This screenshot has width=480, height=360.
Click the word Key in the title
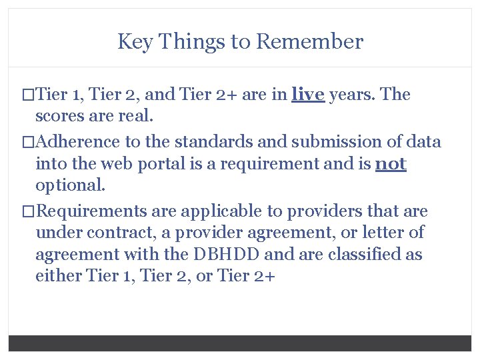pos(132,42)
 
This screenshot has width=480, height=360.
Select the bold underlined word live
pos(308,95)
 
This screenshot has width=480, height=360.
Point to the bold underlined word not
pos(391,163)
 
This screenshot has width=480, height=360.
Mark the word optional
pos(69,185)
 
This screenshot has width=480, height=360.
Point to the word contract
pos(104,233)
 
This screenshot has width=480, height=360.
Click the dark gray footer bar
pos(240,343)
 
